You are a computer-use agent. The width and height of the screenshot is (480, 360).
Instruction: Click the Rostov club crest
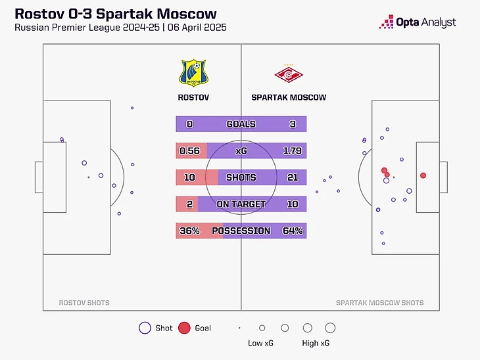click(193, 72)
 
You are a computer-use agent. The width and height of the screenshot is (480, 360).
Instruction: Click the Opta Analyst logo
click(418, 22)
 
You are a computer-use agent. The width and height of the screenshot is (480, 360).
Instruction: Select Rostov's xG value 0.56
click(189, 150)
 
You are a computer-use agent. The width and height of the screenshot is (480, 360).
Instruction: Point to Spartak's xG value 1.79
click(292, 150)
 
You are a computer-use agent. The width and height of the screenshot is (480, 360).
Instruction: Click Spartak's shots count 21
click(292, 177)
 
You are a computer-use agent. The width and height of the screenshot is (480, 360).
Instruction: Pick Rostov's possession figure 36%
click(189, 231)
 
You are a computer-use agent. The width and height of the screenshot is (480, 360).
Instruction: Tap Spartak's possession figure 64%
click(292, 231)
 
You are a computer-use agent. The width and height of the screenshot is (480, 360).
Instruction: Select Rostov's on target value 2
click(189, 204)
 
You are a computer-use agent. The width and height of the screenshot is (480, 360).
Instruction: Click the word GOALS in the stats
click(241, 124)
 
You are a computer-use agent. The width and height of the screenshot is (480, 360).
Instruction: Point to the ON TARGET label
click(241, 204)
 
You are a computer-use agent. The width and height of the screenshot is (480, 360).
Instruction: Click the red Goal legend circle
click(184, 328)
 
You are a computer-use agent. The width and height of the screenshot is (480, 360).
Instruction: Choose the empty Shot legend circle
click(145, 328)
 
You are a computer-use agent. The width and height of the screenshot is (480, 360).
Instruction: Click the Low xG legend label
click(261, 343)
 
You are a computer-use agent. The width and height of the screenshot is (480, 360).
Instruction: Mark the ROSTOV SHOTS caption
click(84, 303)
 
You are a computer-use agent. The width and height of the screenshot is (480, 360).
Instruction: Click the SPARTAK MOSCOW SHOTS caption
click(379, 303)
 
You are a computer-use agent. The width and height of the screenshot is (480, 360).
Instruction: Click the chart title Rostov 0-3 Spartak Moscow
click(115, 14)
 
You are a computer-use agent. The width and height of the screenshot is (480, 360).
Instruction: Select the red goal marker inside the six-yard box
click(423, 175)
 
